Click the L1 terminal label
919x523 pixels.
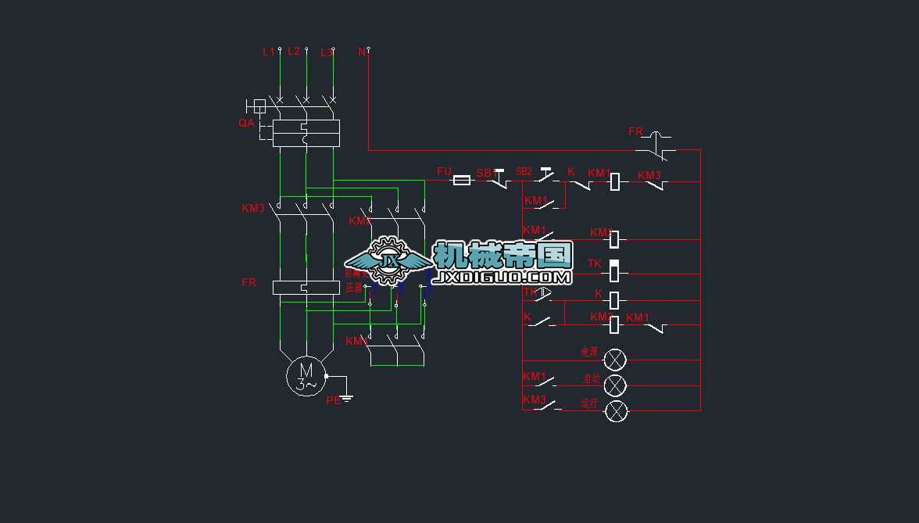coord(268,52)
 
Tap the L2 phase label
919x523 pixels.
coord(294,51)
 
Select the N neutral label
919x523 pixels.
coord(362,52)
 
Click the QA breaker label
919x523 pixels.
coord(246,124)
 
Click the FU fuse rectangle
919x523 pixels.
coord(462,181)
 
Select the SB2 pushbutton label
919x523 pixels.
coord(524,171)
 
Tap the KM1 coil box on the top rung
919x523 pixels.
coord(615,181)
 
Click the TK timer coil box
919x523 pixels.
coord(615,270)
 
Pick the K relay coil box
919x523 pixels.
coord(615,299)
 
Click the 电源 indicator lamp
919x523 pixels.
coord(616,360)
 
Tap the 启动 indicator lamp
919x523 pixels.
coord(616,385)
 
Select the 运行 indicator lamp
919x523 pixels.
coord(616,410)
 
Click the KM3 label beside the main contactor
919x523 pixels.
coord(253,208)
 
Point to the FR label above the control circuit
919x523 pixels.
coord(635,132)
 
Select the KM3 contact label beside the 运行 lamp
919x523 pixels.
coord(535,399)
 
